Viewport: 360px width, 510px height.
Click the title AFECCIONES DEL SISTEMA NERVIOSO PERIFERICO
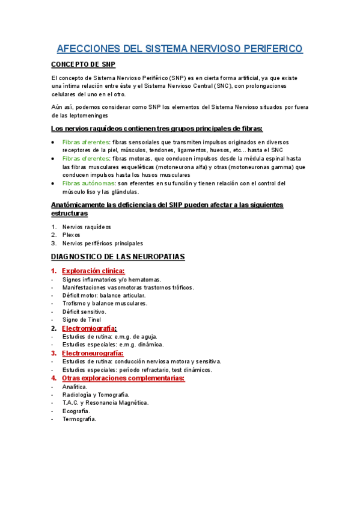(x=180, y=49)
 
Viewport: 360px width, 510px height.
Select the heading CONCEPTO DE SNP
(x=84, y=64)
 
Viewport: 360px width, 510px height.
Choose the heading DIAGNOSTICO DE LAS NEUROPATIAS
(x=118, y=257)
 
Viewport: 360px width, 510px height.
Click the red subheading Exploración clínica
(x=93, y=271)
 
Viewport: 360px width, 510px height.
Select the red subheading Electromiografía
(x=90, y=328)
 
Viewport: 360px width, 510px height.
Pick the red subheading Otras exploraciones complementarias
(x=123, y=378)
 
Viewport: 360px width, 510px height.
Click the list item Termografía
(x=79, y=419)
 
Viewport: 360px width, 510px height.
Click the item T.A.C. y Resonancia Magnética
(x=105, y=402)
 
